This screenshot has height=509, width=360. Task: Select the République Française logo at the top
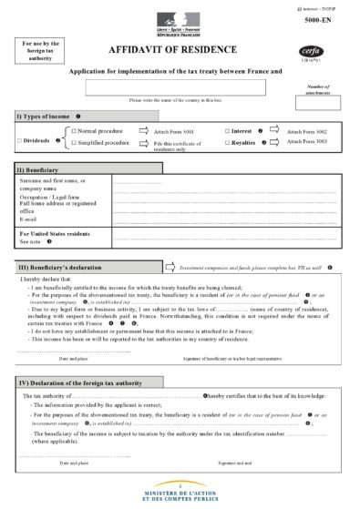pos(171,20)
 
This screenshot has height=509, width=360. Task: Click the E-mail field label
pos(30,219)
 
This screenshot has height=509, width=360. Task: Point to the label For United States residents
pos(54,234)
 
